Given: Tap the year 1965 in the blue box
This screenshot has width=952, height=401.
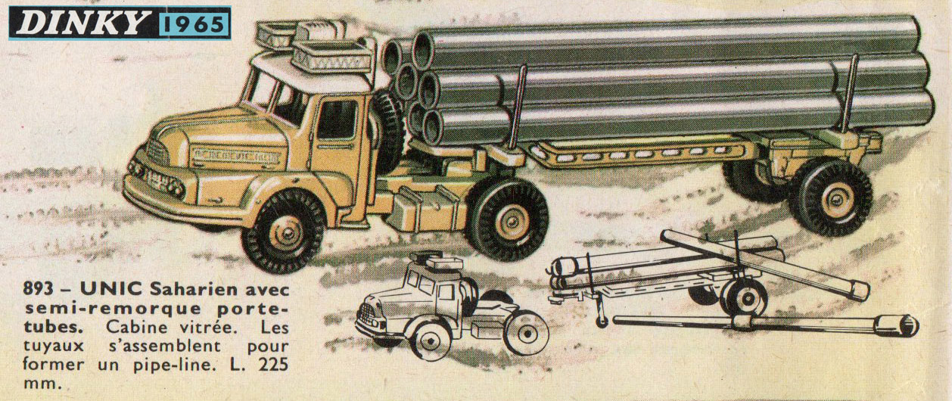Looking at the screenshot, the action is coord(195,23).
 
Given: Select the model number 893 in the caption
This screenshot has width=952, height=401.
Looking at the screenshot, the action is coord(39,290).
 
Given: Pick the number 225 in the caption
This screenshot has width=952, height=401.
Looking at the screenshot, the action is coord(273,365).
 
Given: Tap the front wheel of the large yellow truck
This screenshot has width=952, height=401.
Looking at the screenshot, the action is coord(285,232).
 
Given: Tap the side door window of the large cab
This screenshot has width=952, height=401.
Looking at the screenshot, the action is coord(337,120).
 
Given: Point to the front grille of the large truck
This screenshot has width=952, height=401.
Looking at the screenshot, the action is coord(158,153).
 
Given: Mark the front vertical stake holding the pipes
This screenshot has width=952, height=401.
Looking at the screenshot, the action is coord(518,106).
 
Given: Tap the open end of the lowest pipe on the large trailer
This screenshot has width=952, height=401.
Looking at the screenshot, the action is coord(434,127).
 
